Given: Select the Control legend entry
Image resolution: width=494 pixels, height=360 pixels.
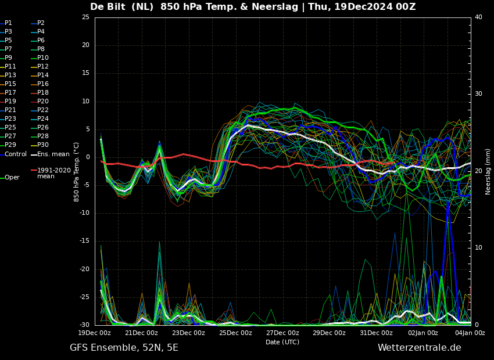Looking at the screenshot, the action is point(13,154).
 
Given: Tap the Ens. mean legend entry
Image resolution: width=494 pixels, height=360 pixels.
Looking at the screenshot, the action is point(50,154).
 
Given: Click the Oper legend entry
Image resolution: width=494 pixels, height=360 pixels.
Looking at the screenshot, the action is point(10,178).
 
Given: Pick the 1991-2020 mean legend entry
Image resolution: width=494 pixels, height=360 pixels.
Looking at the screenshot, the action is point(51,173).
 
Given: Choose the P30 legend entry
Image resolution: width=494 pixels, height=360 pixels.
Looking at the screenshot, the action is point(40,145).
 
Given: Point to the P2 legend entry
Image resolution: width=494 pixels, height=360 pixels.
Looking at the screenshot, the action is point(38,23).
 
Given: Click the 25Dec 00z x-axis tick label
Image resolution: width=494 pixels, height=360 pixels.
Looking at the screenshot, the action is point(235,333).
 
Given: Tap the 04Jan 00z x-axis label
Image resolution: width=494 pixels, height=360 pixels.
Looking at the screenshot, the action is point(470,333).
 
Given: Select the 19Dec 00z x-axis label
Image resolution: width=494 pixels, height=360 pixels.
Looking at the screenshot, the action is point(95,333).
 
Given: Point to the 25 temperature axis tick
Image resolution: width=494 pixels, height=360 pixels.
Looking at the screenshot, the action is point(85,17).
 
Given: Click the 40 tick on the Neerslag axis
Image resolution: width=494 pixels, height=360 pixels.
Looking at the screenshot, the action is point(478,17).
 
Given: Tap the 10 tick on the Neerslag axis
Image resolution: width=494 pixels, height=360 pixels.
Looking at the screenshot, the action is point(478,248).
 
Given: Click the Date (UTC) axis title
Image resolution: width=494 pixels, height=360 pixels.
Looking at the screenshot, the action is point(282,342).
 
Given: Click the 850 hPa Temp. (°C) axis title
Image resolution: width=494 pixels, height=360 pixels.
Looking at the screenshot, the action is point(77,172).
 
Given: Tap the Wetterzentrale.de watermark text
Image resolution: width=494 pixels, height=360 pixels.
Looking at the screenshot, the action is point(420,348).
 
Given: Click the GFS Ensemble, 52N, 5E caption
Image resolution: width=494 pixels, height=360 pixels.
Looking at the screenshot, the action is point(124,348).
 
